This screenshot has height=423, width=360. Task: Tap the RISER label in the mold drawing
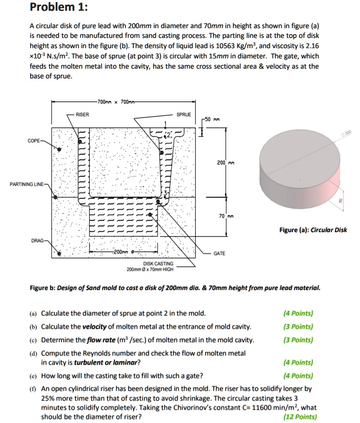(82, 115)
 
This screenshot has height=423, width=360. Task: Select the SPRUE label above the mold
(183, 115)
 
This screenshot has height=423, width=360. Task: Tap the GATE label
(220, 253)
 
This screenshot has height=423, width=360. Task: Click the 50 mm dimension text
(212, 118)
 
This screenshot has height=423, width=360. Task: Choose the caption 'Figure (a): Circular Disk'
(313, 229)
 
